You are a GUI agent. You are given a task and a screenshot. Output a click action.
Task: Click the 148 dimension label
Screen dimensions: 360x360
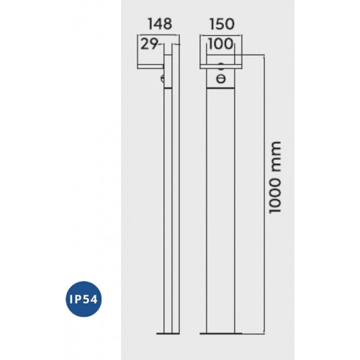pyautogui.click(x=160, y=24)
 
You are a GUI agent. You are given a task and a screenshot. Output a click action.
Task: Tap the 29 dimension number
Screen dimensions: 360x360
pyautogui.click(x=149, y=44)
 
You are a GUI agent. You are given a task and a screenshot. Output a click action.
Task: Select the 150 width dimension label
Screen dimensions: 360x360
pyautogui.click(x=222, y=24)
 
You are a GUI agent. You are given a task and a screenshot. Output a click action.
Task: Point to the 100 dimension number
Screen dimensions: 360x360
pyautogui.click(x=221, y=44)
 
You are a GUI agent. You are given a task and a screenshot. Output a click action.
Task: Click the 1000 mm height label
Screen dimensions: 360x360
pyautogui.click(x=274, y=177)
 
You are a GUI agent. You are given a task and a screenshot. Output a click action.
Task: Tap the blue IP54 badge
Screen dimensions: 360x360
pyautogui.click(x=84, y=300)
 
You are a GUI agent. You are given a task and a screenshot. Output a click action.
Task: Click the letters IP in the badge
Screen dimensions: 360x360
pyautogui.click(x=73, y=300)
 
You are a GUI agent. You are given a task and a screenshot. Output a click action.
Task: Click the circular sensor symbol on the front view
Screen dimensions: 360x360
pyautogui.click(x=221, y=78)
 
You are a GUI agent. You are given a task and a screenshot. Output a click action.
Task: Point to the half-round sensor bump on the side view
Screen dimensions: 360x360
pyautogui.click(x=163, y=78)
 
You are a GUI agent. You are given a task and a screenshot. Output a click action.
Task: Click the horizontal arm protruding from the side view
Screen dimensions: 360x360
pyautogui.click(x=150, y=67)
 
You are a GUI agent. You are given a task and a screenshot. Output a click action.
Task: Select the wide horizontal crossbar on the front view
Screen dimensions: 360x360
pyautogui.click(x=221, y=67)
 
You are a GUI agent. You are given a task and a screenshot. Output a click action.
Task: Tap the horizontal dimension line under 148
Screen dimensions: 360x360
pyautogui.click(x=158, y=35)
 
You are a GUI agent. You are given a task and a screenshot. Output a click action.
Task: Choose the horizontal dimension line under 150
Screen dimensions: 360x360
pyautogui.click(x=221, y=35)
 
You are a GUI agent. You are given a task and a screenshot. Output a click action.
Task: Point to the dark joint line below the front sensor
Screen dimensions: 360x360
pyautogui.click(x=220, y=89)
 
